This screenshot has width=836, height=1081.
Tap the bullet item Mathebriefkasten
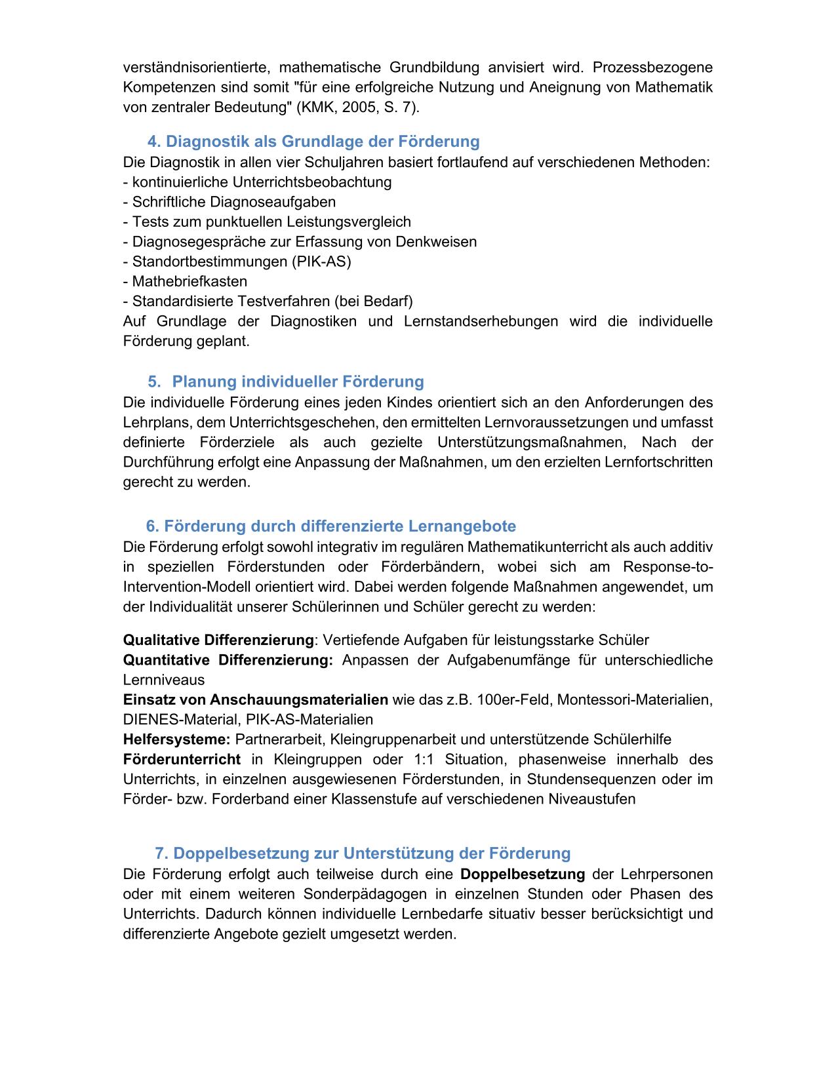pyautogui.click(x=189, y=282)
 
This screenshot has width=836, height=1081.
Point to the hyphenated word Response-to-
pyautogui.click(x=667, y=567)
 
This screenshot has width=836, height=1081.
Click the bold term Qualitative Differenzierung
pyautogui.click(x=218, y=640)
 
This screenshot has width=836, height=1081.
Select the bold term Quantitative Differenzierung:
pyautogui.click(x=228, y=659)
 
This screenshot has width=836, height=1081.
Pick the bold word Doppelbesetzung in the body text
pyautogui.click(x=523, y=875)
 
